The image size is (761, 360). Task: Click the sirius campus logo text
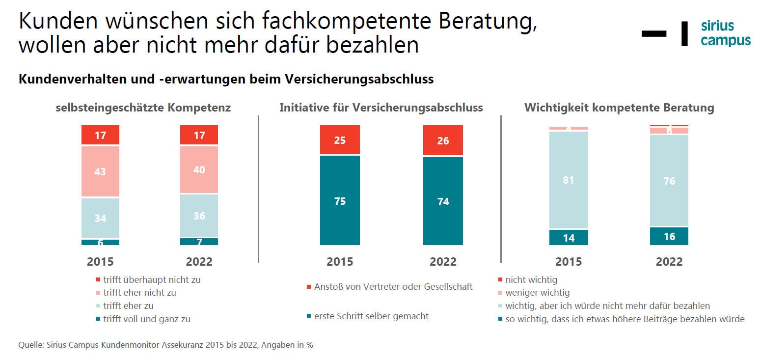point(725,33)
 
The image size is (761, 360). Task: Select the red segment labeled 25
point(340,140)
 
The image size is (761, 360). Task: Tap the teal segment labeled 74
point(443,201)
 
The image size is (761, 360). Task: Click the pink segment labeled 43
point(100,171)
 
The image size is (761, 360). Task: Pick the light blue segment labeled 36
point(199,216)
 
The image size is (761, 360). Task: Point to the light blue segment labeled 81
point(569,180)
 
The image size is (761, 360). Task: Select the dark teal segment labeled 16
point(669,236)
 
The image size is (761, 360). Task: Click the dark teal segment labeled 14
point(569,238)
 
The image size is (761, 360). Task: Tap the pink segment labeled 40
point(199,169)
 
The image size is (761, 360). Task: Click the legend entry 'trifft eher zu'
point(128,305)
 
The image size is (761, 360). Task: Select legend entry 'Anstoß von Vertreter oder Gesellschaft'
point(393,286)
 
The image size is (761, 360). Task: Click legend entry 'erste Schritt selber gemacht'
point(371,316)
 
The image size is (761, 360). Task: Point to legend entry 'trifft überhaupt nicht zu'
point(151,279)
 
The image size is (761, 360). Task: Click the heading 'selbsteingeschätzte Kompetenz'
point(143,108)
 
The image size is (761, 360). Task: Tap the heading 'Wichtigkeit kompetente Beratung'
point(619,108)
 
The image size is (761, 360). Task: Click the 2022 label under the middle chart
point(443,261)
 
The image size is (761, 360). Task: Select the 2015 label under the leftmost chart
point(100,261)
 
